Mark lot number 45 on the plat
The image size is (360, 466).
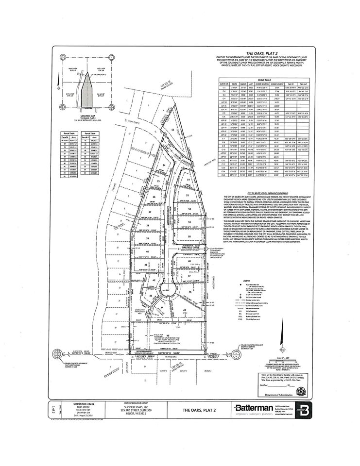(185, 309)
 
